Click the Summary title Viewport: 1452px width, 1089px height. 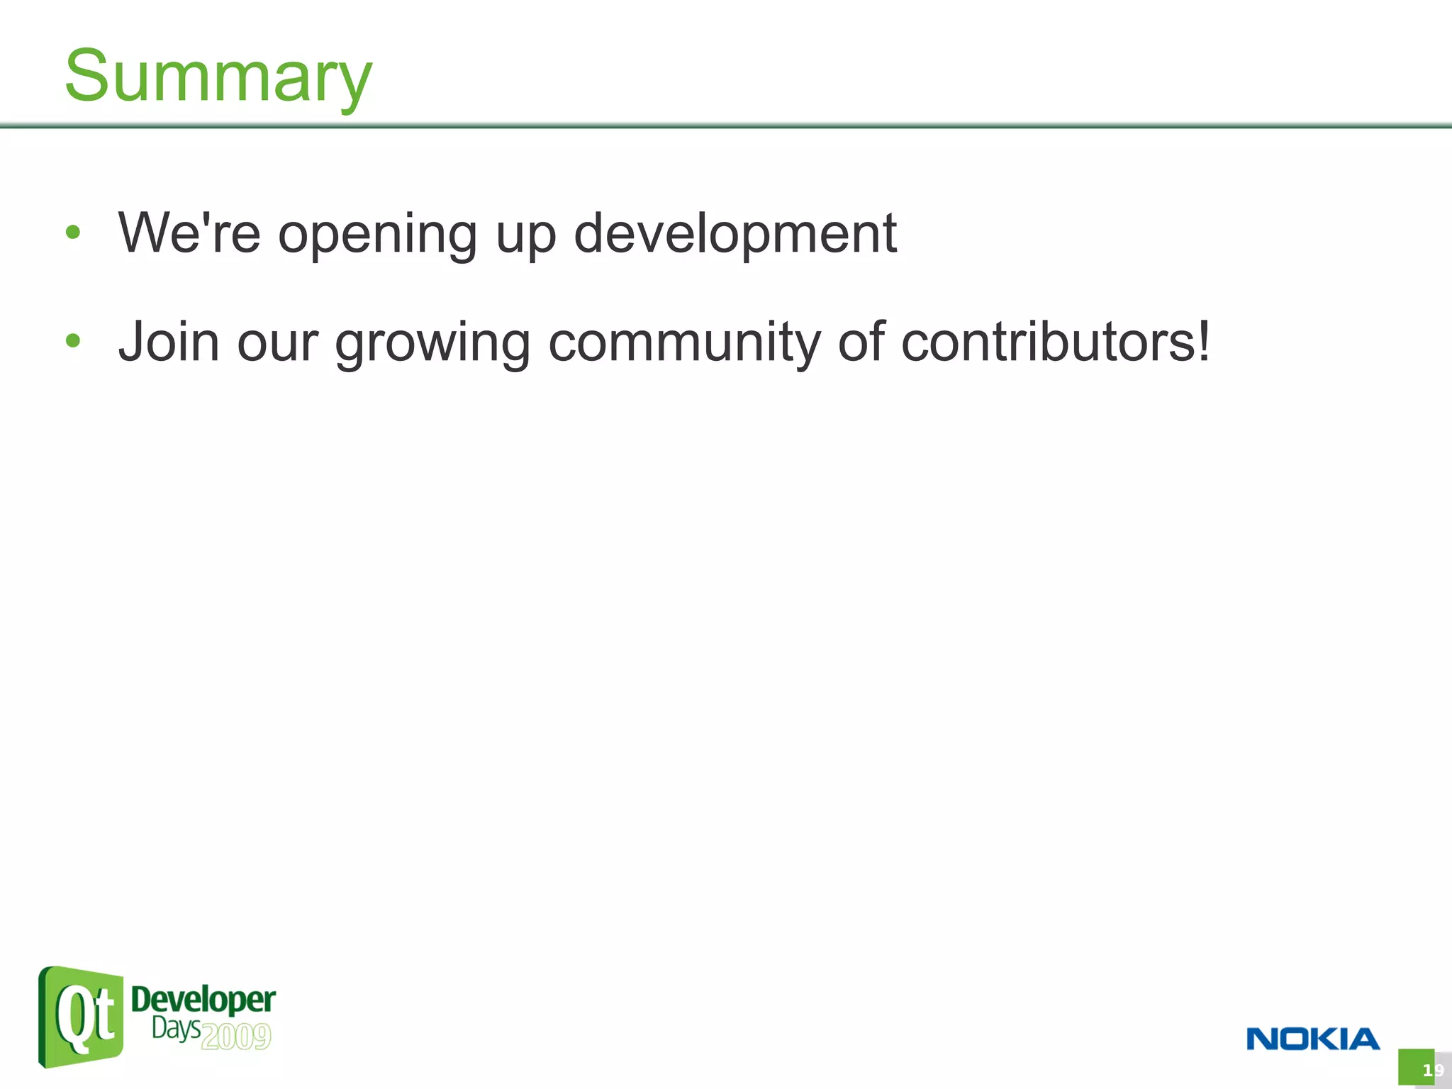(218, 76)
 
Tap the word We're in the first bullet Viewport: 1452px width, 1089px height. (189, 233)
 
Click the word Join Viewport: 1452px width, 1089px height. (169, 342)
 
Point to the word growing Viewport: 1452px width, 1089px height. (432, 344)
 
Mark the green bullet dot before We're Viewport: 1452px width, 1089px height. (73, 233)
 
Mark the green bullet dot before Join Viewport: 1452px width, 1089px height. (73, 341)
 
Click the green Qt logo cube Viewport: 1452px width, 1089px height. (81, 1017)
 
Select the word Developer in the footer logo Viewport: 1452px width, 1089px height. (203, 1000)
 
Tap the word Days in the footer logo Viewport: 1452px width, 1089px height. (175, 1028)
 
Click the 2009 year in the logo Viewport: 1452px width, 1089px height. (235, 1037)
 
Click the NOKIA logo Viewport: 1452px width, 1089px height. (1312, 1039)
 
